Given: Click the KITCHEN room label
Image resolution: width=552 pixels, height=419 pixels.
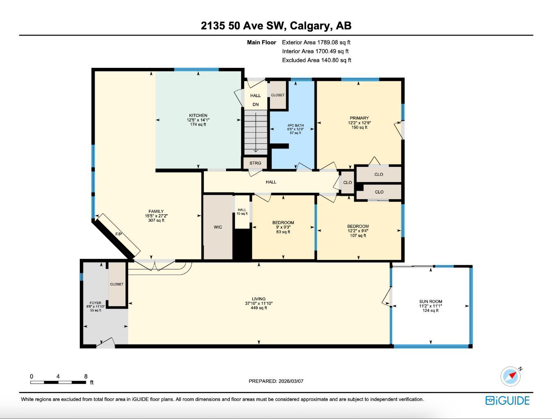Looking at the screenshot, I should [198, 115].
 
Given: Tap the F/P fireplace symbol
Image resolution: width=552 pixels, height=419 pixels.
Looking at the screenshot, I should [119, 234].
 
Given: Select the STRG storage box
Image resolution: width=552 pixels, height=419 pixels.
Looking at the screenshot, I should [255, 163].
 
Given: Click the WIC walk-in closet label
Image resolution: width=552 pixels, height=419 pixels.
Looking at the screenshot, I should [218, 227].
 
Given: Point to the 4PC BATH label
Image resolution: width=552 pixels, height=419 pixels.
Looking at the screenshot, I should [295, 126].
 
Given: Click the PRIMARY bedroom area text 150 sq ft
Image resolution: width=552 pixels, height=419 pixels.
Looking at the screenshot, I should [359, 127].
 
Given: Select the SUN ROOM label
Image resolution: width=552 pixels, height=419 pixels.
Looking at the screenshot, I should [430, 302].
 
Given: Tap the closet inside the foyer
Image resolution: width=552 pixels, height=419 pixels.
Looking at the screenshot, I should [117, 284].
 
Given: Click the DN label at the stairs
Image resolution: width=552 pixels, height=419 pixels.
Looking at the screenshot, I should [256, 104].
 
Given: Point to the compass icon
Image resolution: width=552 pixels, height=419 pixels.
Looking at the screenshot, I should [510, 376].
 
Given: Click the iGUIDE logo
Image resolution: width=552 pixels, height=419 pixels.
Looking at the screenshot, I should [507, 400].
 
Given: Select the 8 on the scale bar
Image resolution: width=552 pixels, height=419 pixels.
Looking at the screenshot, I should [86, 376].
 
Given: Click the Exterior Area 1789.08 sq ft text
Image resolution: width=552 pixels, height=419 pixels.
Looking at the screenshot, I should [316, 42].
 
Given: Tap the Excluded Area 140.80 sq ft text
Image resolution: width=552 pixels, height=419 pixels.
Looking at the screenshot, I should [317, 60].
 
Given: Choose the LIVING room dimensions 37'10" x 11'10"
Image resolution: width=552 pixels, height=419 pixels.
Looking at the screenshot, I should [259, 303].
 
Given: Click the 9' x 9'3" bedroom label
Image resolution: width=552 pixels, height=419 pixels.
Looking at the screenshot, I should [283, 227].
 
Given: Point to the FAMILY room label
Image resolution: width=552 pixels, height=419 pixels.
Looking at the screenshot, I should [156, 212].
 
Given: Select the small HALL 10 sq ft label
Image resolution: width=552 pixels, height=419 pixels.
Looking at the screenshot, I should [242, 212].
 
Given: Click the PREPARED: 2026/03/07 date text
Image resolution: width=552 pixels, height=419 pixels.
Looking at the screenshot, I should [276, 381].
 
